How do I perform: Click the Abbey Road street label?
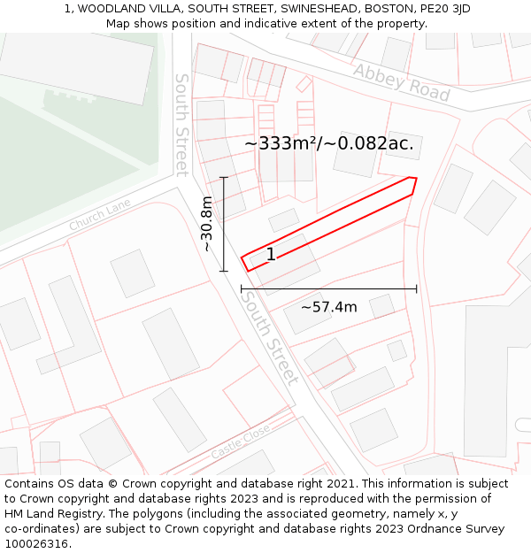click(401, 82)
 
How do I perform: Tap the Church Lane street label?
click(99, 215)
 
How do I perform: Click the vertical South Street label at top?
click(181, 124)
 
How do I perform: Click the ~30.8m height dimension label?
click(206, 224)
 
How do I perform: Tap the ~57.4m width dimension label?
click(328, 307)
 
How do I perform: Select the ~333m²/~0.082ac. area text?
click(329, 143)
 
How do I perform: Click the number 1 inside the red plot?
click(271, 255)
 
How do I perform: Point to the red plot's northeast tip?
click(413, 179)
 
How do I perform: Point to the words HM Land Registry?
click(47, 514)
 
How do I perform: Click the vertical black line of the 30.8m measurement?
click(224, 224)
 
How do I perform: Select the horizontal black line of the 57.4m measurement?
click(328, 288)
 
